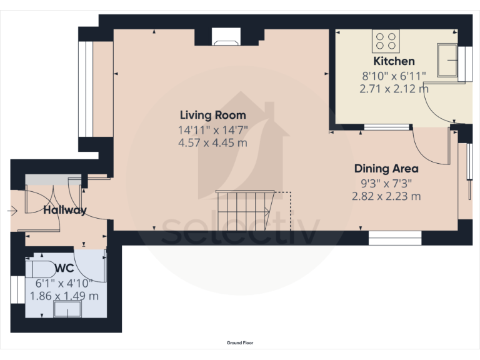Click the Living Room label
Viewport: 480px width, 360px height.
tap(212, 115)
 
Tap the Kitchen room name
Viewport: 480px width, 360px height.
tap(394, 61)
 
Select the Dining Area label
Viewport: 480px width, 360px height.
tap(386, 169)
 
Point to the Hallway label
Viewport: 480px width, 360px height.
tap(65, 210)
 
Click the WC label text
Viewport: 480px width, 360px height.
tap(65, 268)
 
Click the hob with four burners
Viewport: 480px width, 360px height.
tap(386, 41)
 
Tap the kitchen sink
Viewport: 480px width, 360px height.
tap(447, 60)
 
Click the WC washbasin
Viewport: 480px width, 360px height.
tap(67, 309)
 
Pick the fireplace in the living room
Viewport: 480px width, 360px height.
tap(226, 37)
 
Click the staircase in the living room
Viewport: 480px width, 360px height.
tap(245, 210)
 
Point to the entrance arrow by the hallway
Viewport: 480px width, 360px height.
tap(12, 211)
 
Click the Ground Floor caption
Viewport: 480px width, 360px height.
tap(240, 343)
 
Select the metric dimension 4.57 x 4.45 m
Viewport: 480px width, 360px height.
tap(212, 142)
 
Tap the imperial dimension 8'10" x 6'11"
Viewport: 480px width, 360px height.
tap(394, 76)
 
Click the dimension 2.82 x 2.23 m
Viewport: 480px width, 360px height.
tap(386, 196)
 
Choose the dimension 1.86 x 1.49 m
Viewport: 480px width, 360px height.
tap(64, 296)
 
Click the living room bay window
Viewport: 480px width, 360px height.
tap(86, 89)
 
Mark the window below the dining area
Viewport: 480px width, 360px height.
tap(395, 238)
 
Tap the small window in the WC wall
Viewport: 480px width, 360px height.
tap(17, 289)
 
